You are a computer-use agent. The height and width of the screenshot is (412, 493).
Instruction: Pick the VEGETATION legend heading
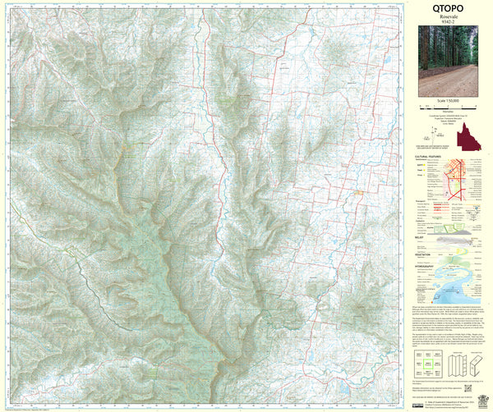[426, 254]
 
